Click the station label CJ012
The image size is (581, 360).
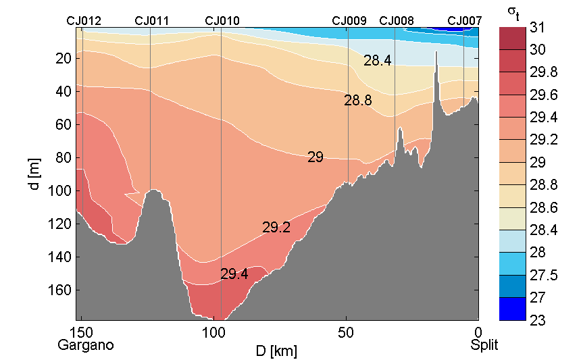(x=84, y=21)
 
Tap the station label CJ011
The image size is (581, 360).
(x=152, y=21)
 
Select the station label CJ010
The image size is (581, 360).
(x=222, y=21)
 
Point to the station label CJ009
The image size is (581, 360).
(x=349, y=21)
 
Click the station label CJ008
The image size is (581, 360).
(x=397, y=21)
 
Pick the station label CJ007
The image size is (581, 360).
(x=465, y=21)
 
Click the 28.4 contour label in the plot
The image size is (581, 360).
(x=377, y=61)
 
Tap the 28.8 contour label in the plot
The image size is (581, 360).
(x=357, y=101)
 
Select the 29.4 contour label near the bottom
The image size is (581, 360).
(x=234, y=274)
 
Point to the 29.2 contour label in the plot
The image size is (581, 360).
(x=276, y=228)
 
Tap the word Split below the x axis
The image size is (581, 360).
(x=484, y=345)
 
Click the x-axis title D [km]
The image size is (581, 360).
(x=276, y=352)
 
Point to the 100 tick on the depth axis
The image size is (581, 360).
(x=61, y=190)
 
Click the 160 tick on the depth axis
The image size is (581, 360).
(x=61, y=290)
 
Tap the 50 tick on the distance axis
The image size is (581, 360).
(x=346, y=333)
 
